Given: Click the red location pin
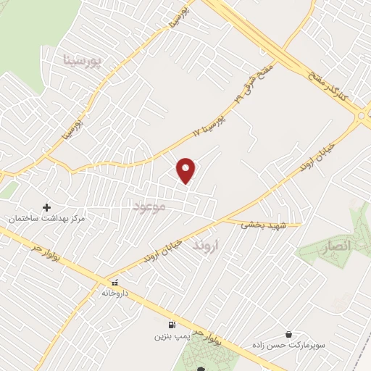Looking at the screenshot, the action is point(186,170).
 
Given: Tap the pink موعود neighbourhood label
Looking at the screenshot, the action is point(150,207).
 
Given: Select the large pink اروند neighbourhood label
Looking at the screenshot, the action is point(206,246).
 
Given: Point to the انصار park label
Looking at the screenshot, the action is point(334,246).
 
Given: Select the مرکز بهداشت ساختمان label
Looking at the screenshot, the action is point(47,218).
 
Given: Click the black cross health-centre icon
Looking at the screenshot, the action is point(47,208).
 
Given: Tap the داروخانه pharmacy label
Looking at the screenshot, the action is point(114,293).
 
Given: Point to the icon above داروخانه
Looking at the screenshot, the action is point(114,283).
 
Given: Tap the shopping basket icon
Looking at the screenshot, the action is point(289,335).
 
